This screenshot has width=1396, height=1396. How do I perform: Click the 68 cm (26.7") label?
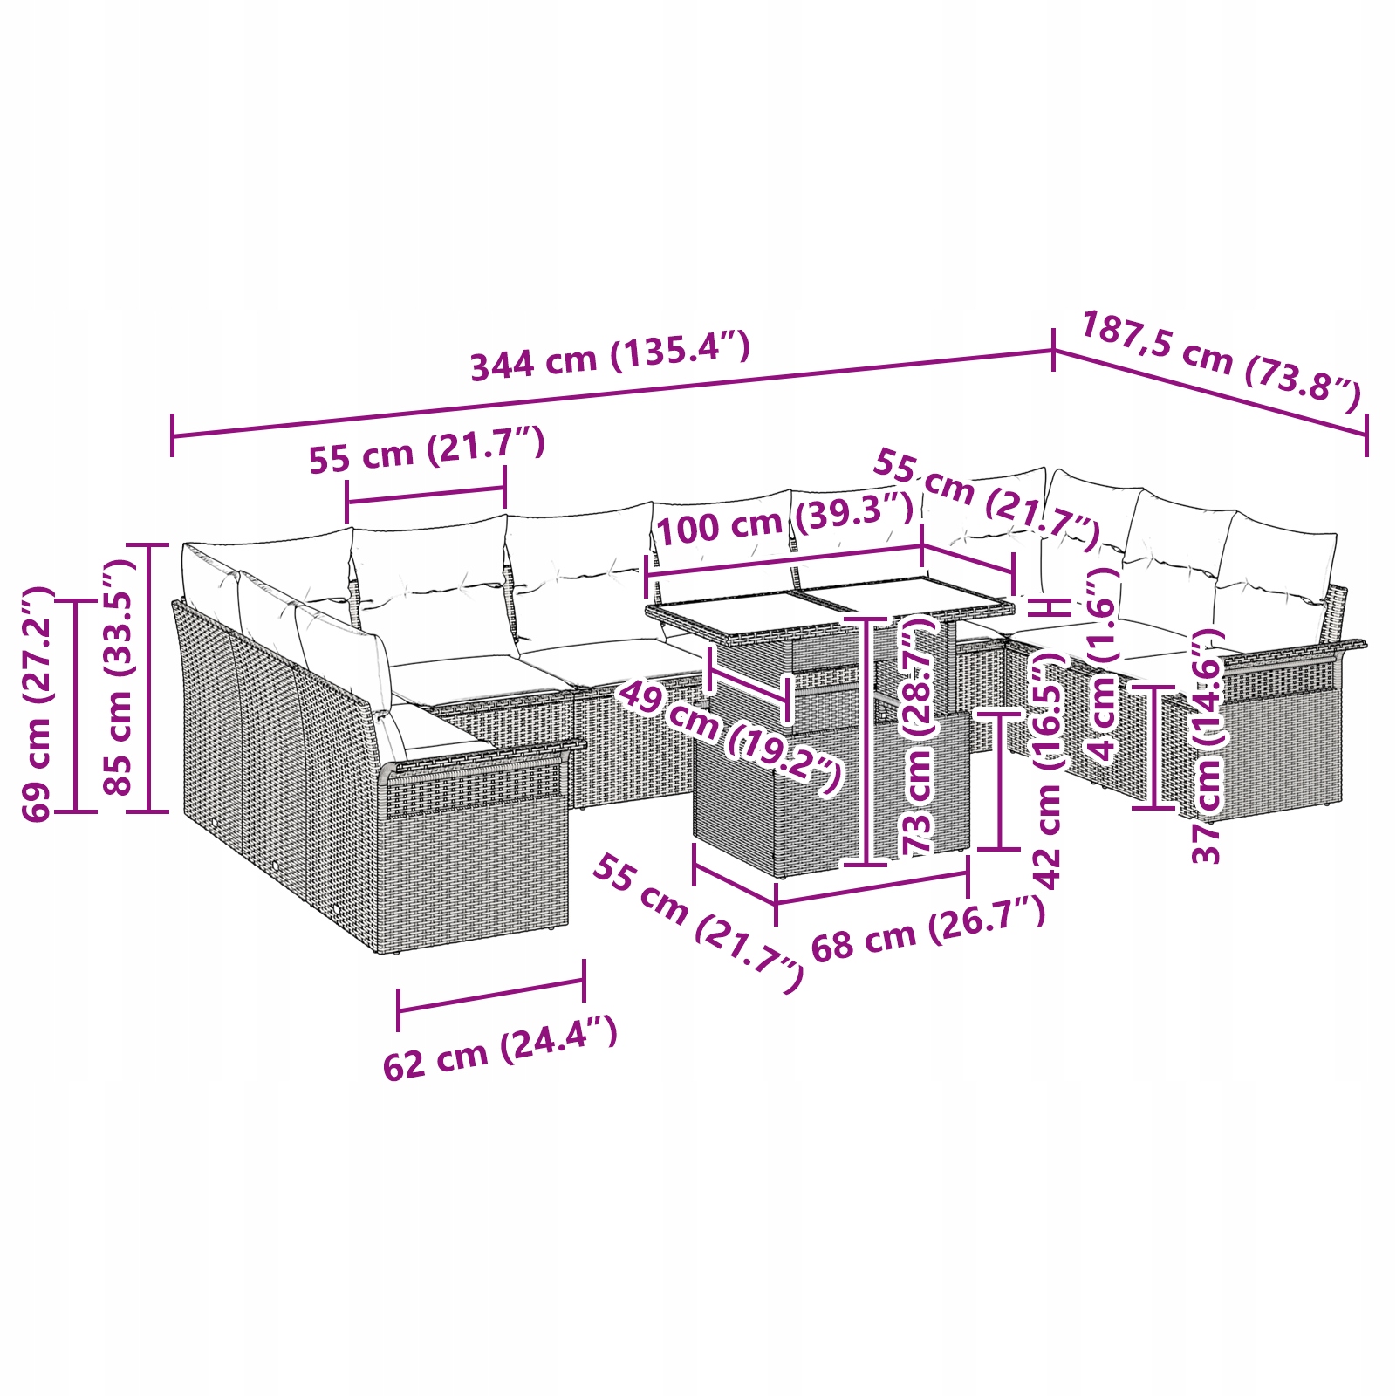click(x=928, y=929)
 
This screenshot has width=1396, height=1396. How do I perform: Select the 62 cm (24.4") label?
click(x=500, y=1047)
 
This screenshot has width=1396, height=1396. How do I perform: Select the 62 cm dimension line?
click(x=491, y=996)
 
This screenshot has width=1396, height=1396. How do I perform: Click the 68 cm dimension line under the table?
click(x=872, y=887)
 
